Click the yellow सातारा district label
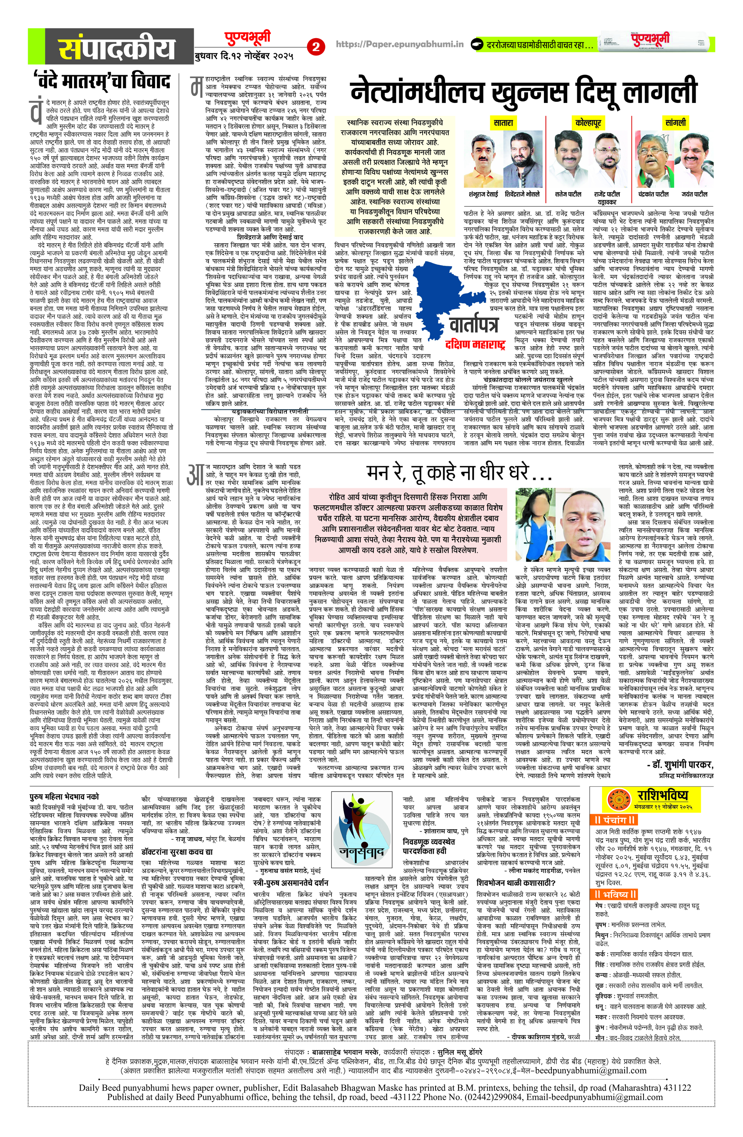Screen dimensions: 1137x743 [x=503, y=123]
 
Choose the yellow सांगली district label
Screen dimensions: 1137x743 [x=675, y=123]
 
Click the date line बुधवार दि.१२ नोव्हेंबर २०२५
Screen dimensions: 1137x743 [x=243, y=56]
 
